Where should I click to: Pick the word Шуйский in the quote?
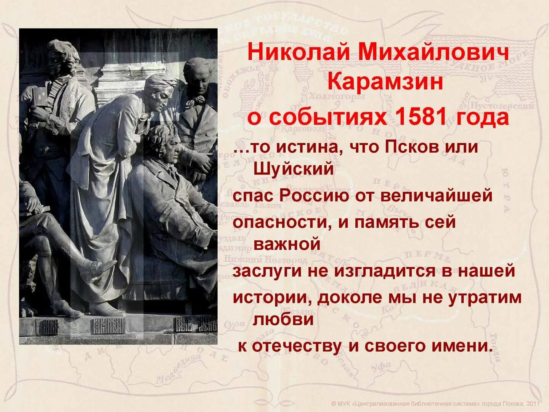pyautogui.click(x=293, y=168)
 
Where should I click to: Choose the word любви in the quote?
pyautogui.click(x=283, y=319)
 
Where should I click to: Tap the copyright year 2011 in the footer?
pyautogui.click(x=533, y=404)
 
